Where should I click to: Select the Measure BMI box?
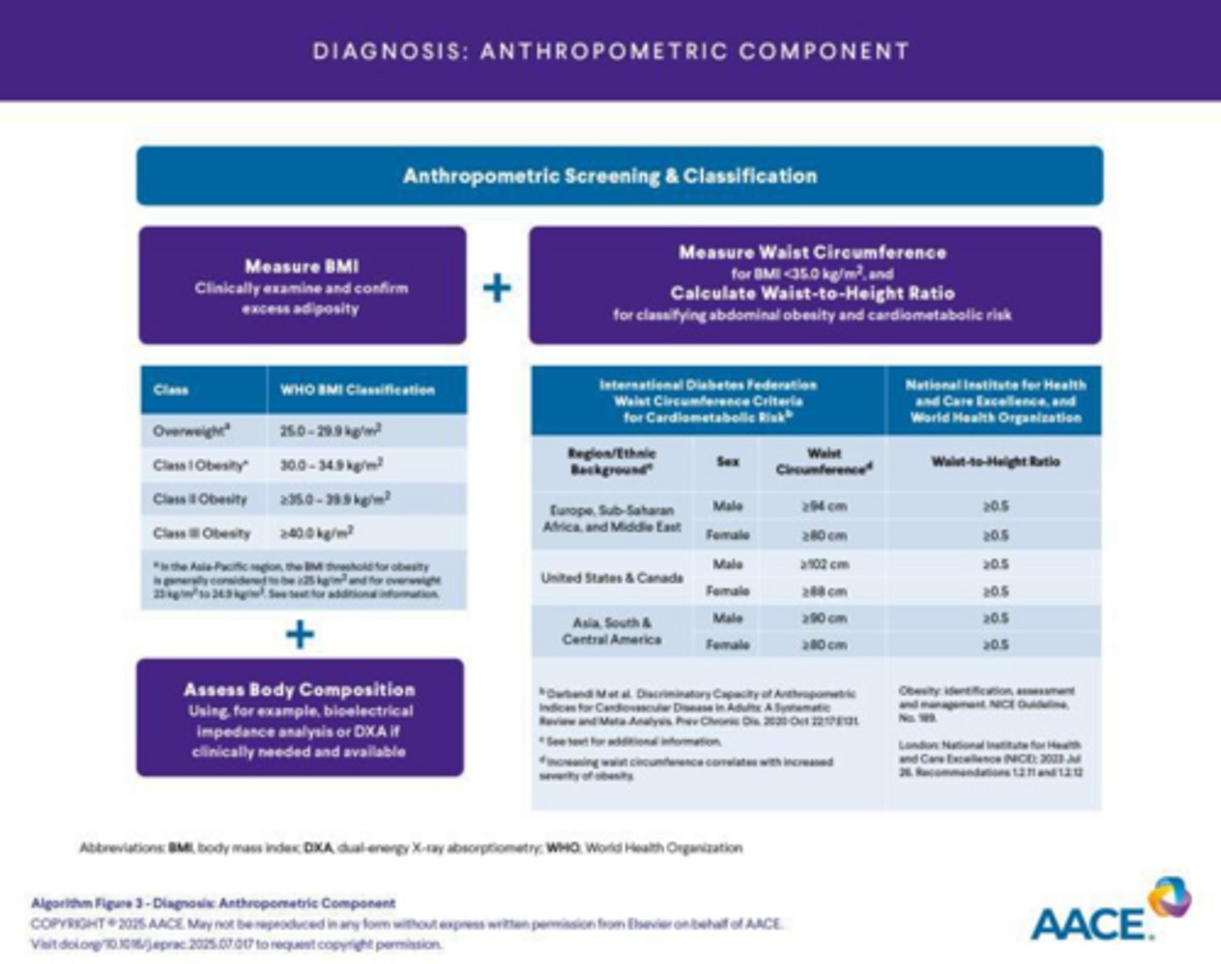click(302, 286)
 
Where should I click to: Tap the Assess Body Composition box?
click(299, 718)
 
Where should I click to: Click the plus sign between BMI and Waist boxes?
click(498, 288)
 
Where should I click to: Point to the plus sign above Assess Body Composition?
click(299, 634)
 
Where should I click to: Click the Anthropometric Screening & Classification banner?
click(619, 176)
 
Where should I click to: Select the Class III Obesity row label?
click(202, 533)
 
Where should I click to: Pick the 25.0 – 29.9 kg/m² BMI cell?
click(331, 431)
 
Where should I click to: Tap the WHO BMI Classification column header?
click(357, 390)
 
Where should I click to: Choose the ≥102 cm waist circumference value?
click(823, 564)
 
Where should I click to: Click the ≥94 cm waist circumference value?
click(823, 506)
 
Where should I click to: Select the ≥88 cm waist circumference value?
click(823, 591)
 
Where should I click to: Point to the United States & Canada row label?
click(611, 577)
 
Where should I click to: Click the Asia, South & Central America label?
click(611, 631)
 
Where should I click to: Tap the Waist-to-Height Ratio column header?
click(995, 461)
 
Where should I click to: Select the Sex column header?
click(728, 461)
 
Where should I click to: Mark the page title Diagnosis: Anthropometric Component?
click(610, 51)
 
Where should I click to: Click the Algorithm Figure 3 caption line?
click(214, 903)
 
